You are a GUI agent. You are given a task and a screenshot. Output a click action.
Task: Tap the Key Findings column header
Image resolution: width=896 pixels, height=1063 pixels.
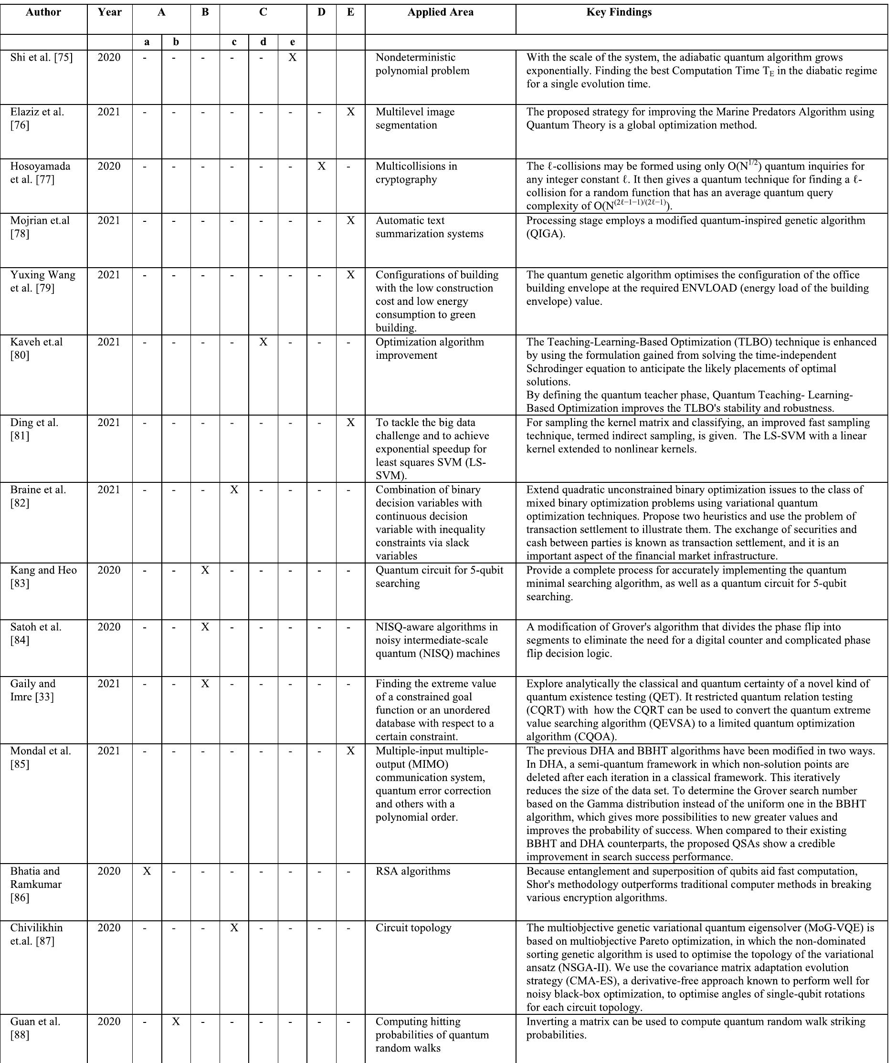pos(619,13)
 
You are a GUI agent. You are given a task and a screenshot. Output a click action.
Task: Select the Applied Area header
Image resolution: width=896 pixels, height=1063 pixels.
pos(441,13)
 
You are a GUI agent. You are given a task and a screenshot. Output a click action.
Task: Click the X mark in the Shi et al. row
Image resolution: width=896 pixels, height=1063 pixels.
pos(293,58)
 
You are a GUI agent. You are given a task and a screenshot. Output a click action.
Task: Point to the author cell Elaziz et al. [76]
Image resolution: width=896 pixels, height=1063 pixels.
pos(37,119)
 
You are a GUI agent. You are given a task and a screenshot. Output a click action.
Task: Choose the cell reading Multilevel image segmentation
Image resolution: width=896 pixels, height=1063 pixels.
pos(415,119)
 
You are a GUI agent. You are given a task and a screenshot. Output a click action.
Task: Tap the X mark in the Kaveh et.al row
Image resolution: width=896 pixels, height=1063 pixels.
pos(263,342)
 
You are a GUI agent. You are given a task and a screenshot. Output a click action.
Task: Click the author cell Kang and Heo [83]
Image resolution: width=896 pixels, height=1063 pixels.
pos(43,577)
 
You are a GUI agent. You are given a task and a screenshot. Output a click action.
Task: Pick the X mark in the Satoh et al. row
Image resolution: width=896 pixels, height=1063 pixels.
pos(205,627)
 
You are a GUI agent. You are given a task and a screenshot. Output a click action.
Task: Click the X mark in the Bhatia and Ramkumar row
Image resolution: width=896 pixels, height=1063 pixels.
pos(147,871)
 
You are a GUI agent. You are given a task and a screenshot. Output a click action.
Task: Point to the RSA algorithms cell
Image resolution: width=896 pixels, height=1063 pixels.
pos(413,871)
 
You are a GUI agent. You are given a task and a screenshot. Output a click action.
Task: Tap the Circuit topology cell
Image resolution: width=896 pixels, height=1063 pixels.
pos(413,928)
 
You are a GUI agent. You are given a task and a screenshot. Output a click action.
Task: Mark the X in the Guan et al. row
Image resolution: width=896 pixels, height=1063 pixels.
pos(176,1021)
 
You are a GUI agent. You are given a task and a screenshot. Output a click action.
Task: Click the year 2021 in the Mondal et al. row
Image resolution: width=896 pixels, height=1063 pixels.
pos(109,751)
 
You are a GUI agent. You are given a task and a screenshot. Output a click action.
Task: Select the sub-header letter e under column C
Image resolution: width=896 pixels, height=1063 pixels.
pos(293,42)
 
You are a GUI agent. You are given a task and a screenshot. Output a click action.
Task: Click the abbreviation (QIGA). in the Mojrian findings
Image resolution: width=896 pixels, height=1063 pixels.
pos(545,234)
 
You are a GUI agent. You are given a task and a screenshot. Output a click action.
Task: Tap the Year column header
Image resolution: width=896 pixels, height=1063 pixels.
pos(110,13)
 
